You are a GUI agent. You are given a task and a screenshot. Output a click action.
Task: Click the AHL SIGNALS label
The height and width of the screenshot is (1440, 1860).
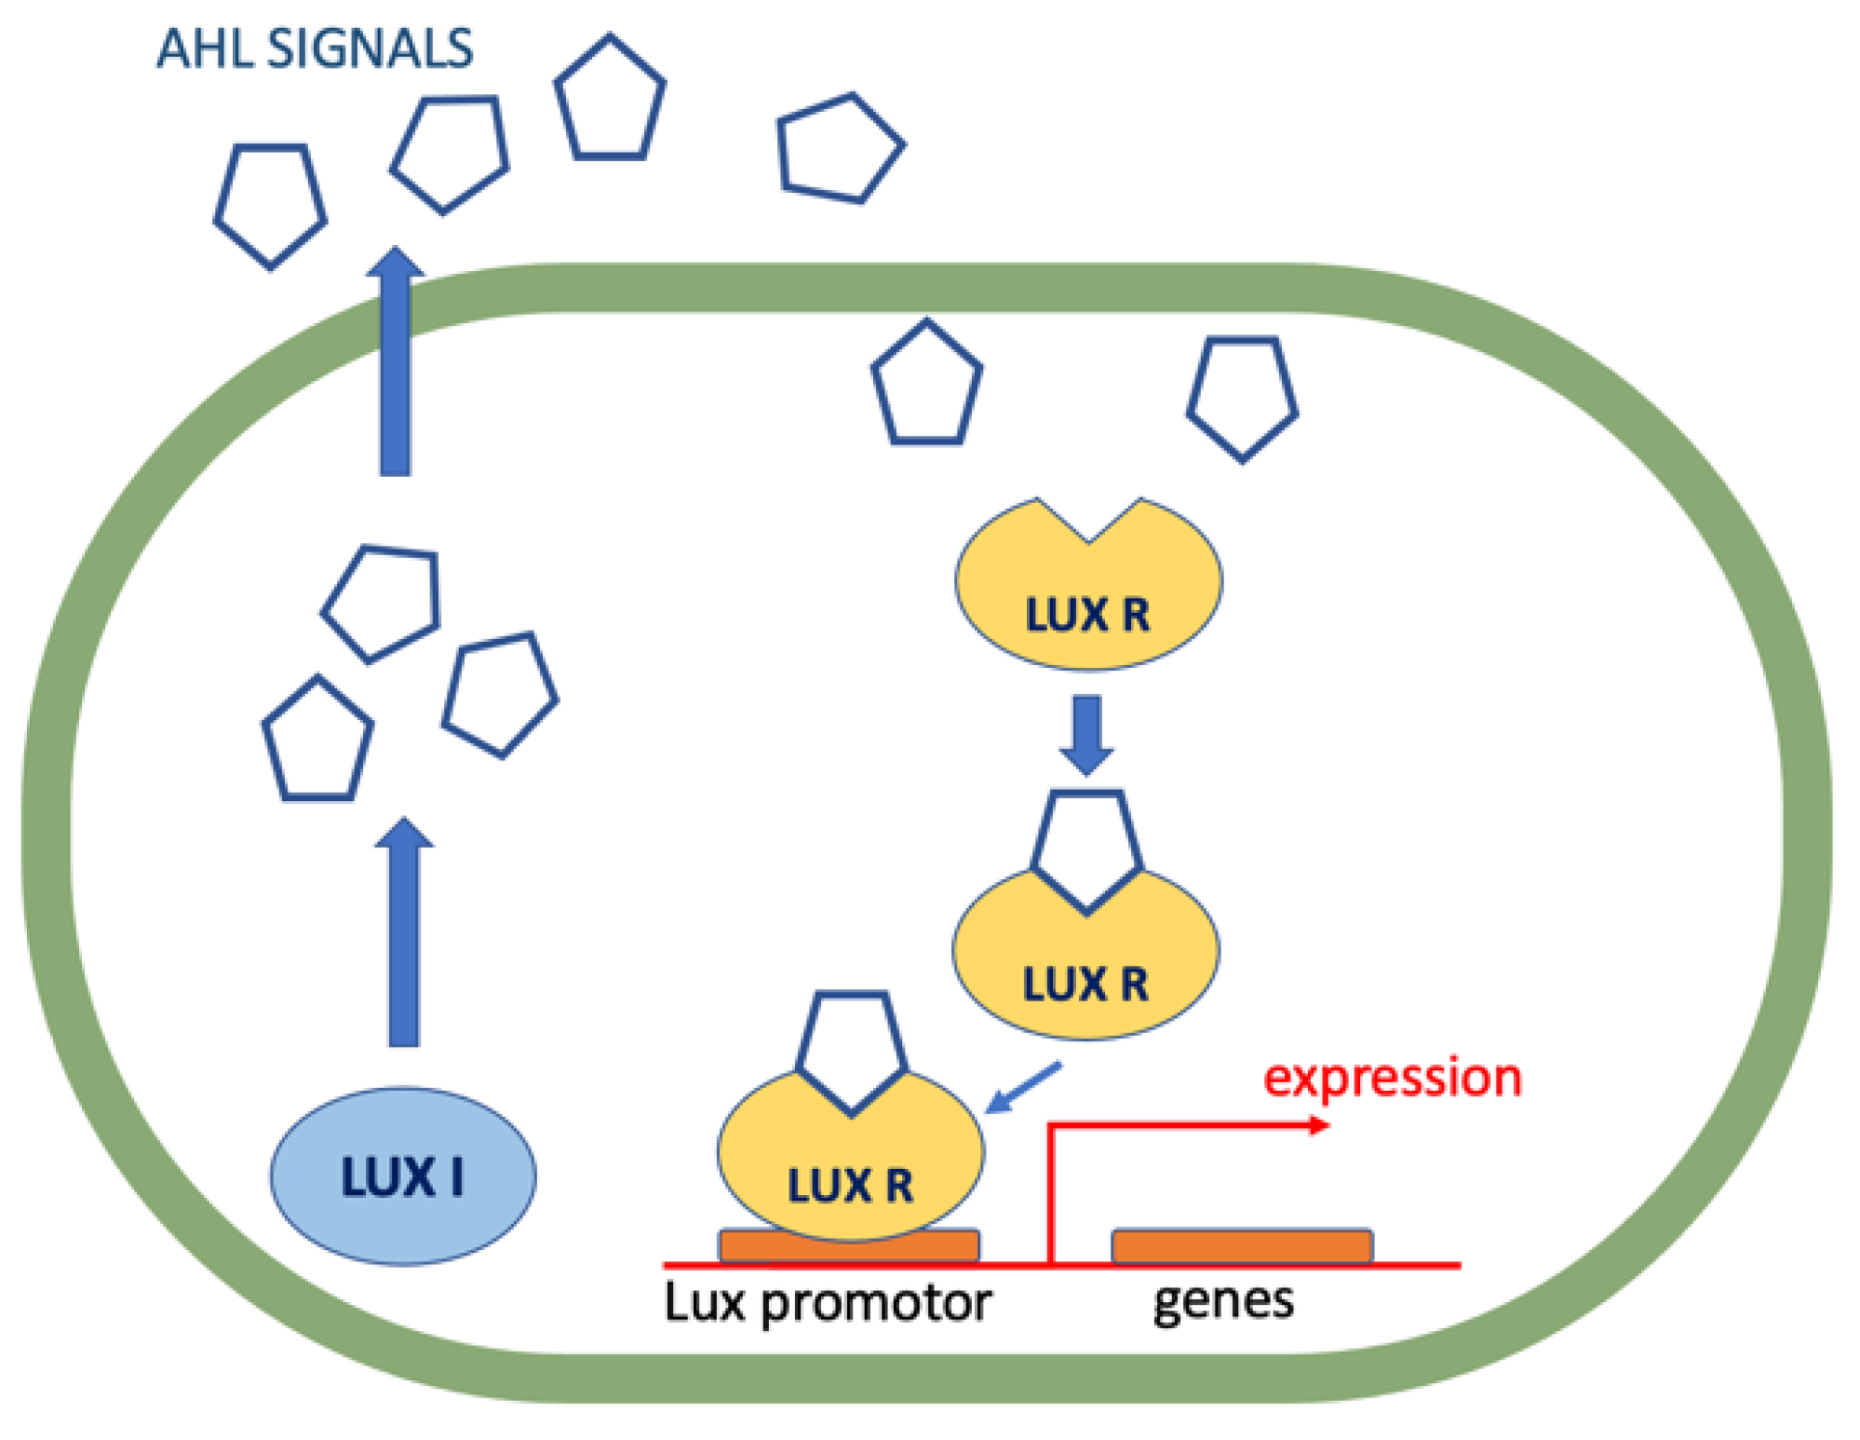coord(314,48)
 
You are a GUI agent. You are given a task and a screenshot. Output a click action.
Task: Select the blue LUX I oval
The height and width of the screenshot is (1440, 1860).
coord(403,1175)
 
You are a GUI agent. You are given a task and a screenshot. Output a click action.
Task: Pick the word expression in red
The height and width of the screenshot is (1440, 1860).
coord(1393,1079)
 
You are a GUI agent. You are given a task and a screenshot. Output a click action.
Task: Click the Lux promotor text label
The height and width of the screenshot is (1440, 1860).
coord(828,1303)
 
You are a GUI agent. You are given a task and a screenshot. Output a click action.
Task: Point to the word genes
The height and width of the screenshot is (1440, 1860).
coord(1223,1301)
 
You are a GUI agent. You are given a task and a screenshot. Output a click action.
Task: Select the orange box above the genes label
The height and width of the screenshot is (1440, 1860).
coord(1242,1245)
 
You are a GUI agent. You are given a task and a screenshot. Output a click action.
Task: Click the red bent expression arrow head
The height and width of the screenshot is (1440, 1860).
coord(1319,1125)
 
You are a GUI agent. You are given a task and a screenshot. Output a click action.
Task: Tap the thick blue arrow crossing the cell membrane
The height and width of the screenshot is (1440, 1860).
coord(395,363)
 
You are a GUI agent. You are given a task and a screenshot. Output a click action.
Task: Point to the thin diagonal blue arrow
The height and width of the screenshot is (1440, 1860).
coord(1022,1088)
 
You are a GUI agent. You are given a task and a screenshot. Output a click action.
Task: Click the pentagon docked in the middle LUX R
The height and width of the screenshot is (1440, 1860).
coord(1086,848)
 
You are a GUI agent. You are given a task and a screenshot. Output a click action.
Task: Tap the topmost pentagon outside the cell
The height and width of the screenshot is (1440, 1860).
coord(610,101)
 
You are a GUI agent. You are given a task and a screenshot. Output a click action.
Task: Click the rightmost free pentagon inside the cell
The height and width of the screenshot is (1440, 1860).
coord(1242,396)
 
